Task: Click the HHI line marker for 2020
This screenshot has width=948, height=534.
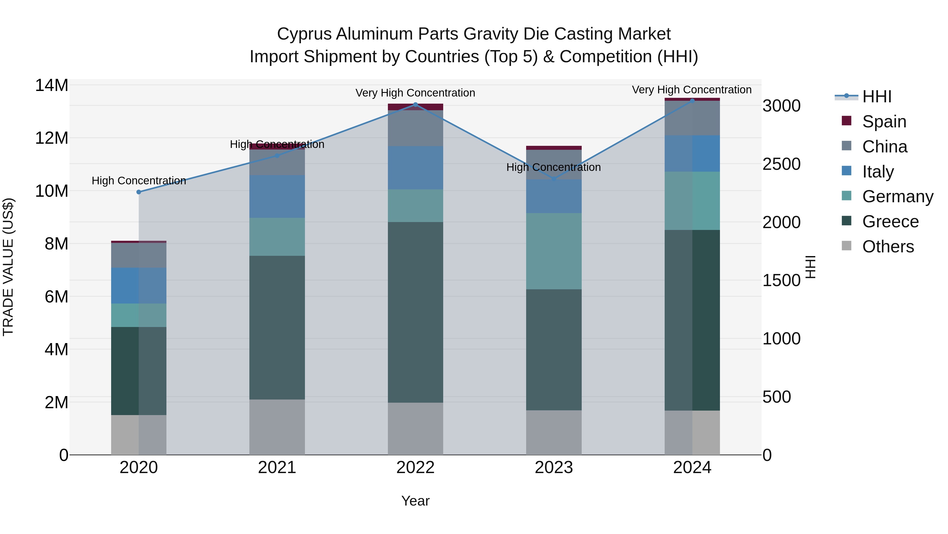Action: coord(139,192)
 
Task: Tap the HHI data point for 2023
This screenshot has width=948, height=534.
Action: coord(554,179)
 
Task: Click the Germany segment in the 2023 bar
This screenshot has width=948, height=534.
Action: coord(554,251)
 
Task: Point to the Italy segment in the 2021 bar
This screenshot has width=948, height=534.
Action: coord(277,196)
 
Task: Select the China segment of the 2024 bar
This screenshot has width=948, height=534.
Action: coord(692,118)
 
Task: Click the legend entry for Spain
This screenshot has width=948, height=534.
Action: coord(884,121)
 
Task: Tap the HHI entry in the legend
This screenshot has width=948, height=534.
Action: coord(877,97)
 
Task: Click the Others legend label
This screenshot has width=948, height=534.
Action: coord(888,247)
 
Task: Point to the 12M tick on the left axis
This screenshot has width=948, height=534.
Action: coord(52,138)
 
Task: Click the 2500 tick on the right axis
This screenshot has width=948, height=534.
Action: coord(781,164)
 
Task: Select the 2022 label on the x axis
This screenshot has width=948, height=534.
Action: coord(416,468)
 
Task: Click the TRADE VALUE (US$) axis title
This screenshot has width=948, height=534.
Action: coord(8,267)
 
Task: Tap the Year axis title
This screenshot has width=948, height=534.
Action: coord(416,501)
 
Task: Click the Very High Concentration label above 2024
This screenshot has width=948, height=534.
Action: coord(692,90)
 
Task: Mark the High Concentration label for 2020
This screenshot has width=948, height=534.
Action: coord(139,181)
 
